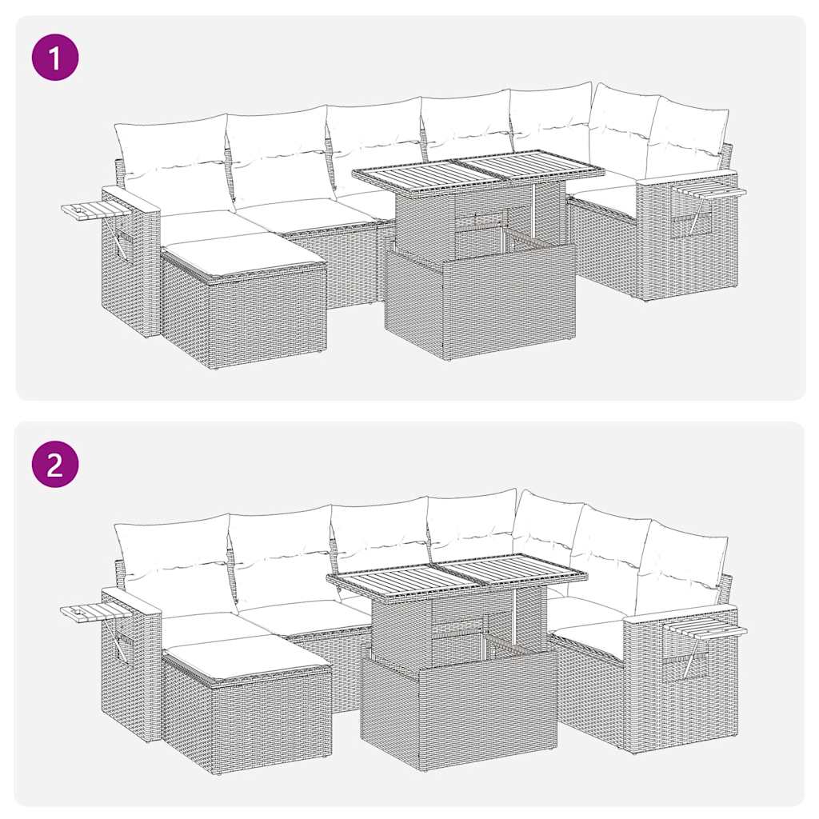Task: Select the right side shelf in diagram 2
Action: tap(707, 630)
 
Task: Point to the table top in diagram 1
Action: tap(478, 170)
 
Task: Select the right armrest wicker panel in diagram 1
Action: tap(688, 248)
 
